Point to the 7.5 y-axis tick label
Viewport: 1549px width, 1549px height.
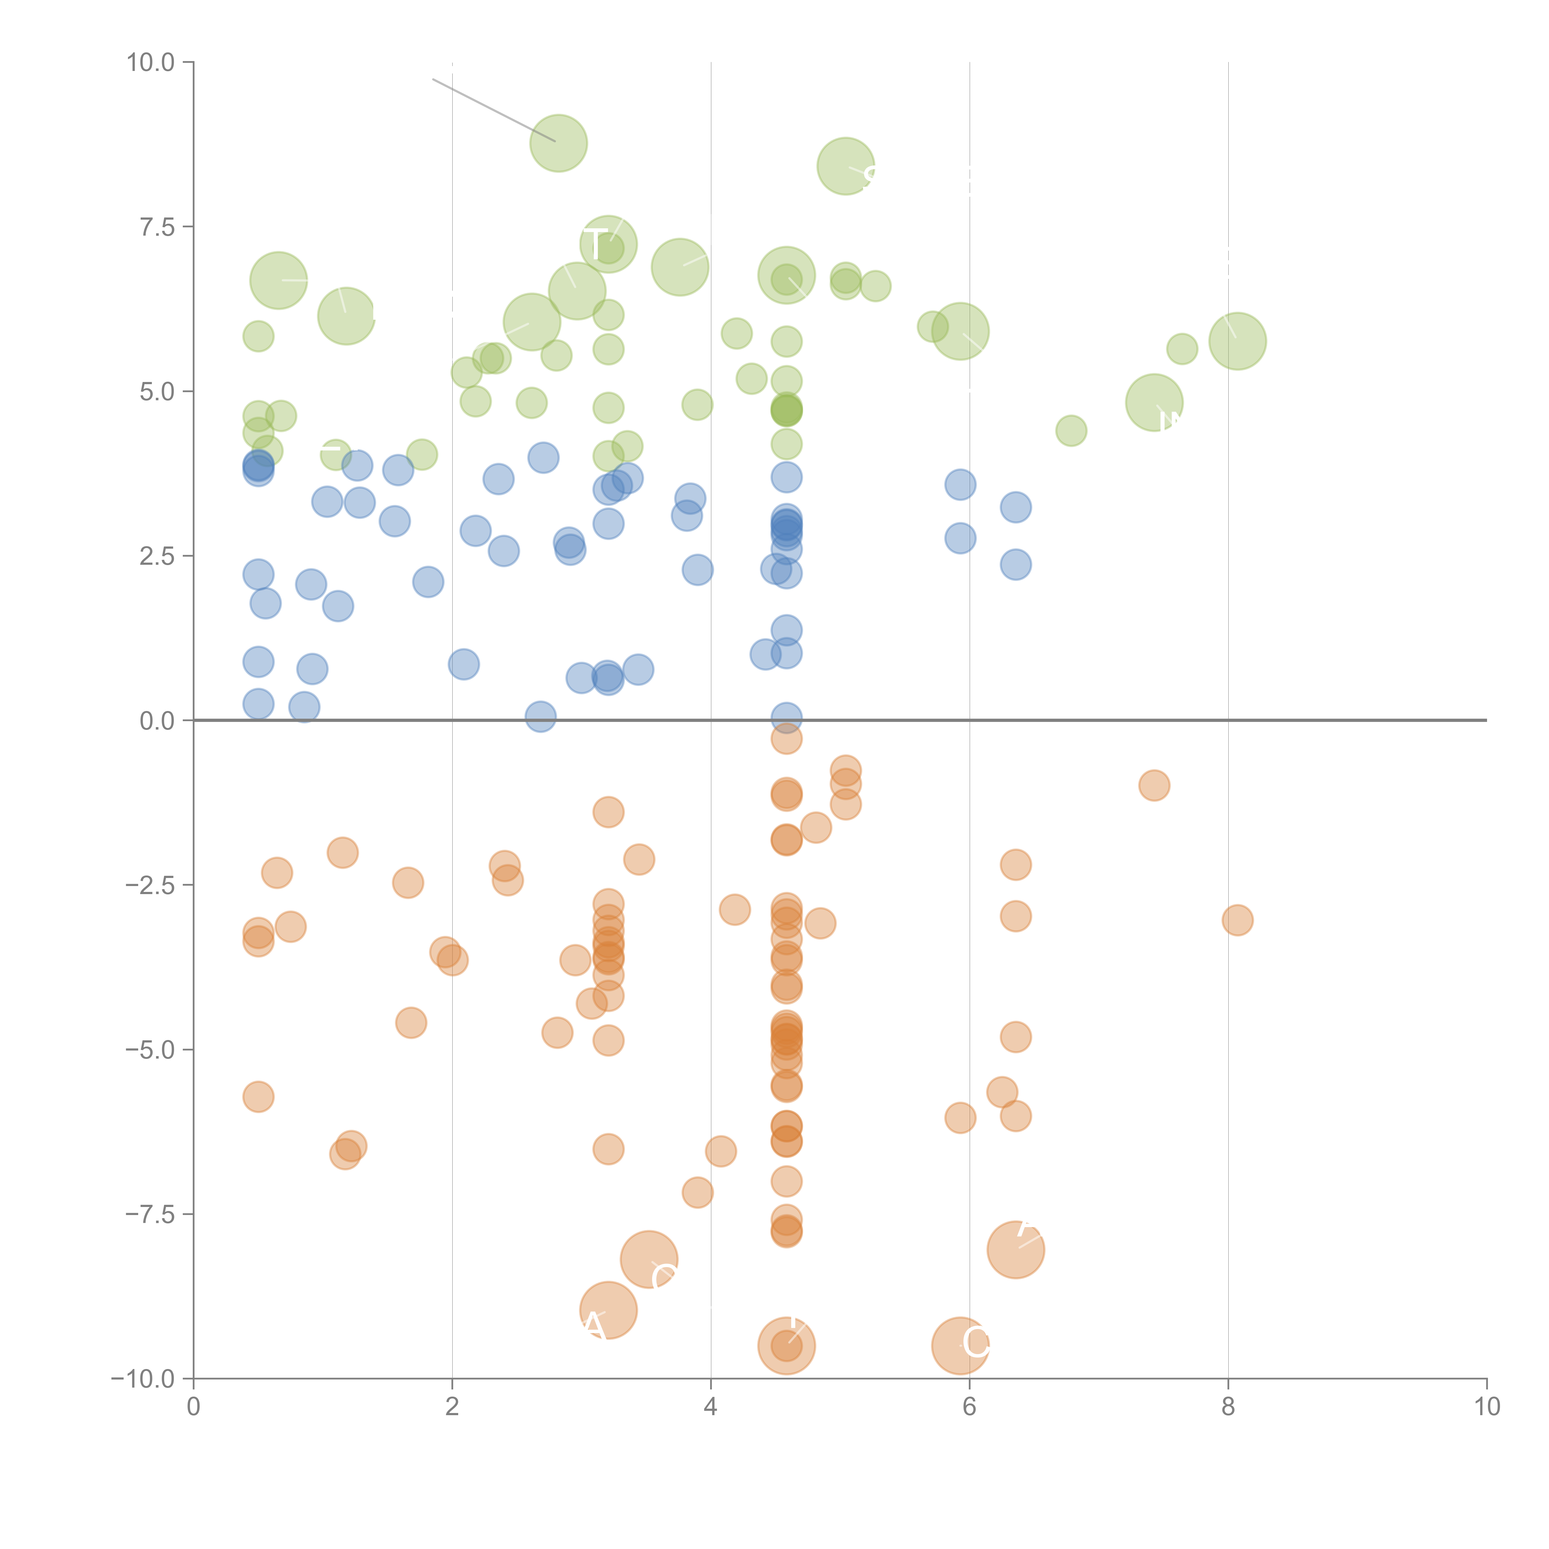[x=157, y=227]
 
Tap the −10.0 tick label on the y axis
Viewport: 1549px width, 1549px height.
[x=143, y=1379]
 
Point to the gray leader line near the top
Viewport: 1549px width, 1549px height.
[x=493, y=110]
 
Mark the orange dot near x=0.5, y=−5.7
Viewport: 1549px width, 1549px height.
[x=258, y=1097]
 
